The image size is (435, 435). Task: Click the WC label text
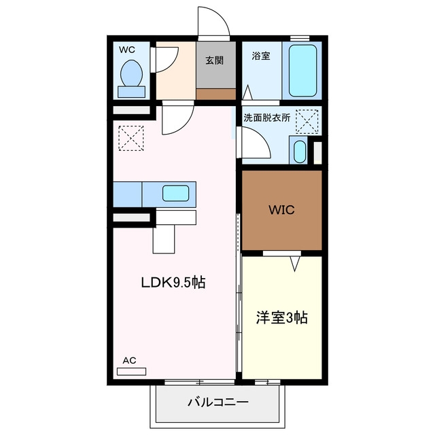127,50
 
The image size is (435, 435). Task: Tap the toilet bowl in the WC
131,73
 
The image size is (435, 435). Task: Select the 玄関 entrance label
215,60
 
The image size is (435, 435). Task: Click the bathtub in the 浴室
302,71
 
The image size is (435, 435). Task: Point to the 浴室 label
261,56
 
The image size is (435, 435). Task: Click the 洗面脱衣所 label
267,118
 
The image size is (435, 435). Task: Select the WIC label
281,210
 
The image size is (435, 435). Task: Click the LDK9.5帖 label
173,283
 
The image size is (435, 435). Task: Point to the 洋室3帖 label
281,317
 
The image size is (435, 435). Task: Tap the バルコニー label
217,402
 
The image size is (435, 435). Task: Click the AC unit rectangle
131,372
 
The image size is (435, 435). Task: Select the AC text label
129,360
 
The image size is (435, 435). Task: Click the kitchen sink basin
175,193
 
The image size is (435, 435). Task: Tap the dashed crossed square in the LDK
131,138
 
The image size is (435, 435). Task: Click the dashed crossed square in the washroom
307,122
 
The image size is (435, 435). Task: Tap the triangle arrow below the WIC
295,264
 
